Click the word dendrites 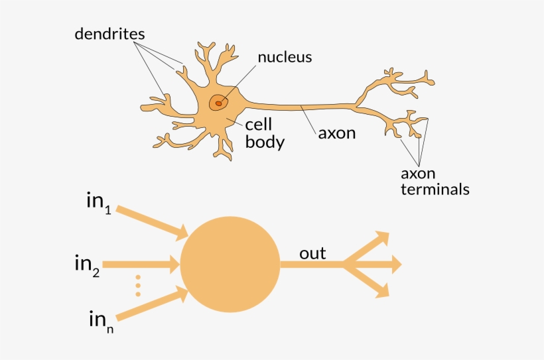coord(109,33)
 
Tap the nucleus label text coord(285,57)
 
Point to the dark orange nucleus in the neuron coord(218,103)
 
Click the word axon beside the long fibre coord(337,133)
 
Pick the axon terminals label coord(435,182)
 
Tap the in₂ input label coord(88,265)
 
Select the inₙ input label coord(100,322)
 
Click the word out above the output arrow coord(312,253)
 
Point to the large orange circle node coord(230,265)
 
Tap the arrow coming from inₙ coord(151,303)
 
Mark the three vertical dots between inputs coord(138,285)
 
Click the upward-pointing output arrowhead coord(381,239)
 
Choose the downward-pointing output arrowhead coord(381,290)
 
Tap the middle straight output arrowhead coord(394,265)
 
